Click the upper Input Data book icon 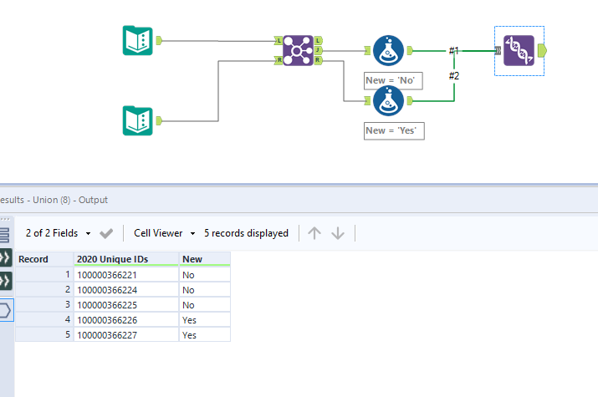click(x=137, y=40)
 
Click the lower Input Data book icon click(x=137, y=120)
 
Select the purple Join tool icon click(x=298, y=50)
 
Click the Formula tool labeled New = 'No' click(x=387, y=50)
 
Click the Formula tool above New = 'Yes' click(x=387, y=101)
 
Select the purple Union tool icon click(x=519, y=50)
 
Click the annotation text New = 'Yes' click(x=394, y=130)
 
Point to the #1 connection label click(x=453, y=51)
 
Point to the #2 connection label click(x=453, y=76)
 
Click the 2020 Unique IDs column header click(x=125, y=259)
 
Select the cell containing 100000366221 click(x=125, y=274)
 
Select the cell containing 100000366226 click(x=125, y=319)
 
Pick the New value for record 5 click(x=204, y=334)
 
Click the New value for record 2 click(x=204, y=289)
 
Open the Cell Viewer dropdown click(x=165, y=233)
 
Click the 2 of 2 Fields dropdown click(x=57, y=233)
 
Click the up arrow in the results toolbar click(x=314, y=233)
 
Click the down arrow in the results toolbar click(x=338, y=233)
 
